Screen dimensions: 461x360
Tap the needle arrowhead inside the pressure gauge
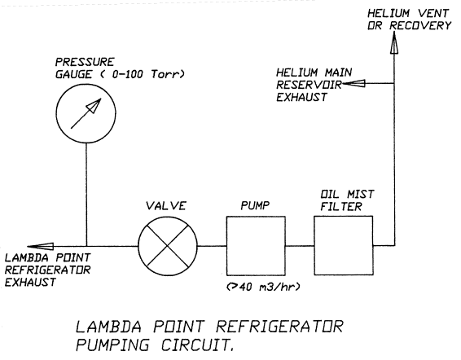click(x=94, y=105)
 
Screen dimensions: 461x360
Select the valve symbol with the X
click(x=168, y=246)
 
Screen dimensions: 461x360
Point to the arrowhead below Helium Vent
click(x=394, y=44)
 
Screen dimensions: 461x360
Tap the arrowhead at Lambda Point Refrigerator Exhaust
click(x=40, y=246)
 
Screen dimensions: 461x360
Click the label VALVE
click(x=166, y=206)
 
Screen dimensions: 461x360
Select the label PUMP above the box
click(x=255, y=205)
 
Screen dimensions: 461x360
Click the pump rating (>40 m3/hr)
click(x=264, y=287)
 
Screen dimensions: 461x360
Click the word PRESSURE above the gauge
click(x=85, y=62)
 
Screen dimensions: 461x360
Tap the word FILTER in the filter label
click(x=341, y=207)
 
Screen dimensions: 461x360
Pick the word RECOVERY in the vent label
click(x=420, y=25)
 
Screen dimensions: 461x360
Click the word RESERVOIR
click(x=309, y=85)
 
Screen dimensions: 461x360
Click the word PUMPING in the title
click(x=113, y=345)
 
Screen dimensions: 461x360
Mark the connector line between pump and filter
click(x=300, y=246)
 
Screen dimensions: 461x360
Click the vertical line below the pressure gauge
click(x=86, y=195)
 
